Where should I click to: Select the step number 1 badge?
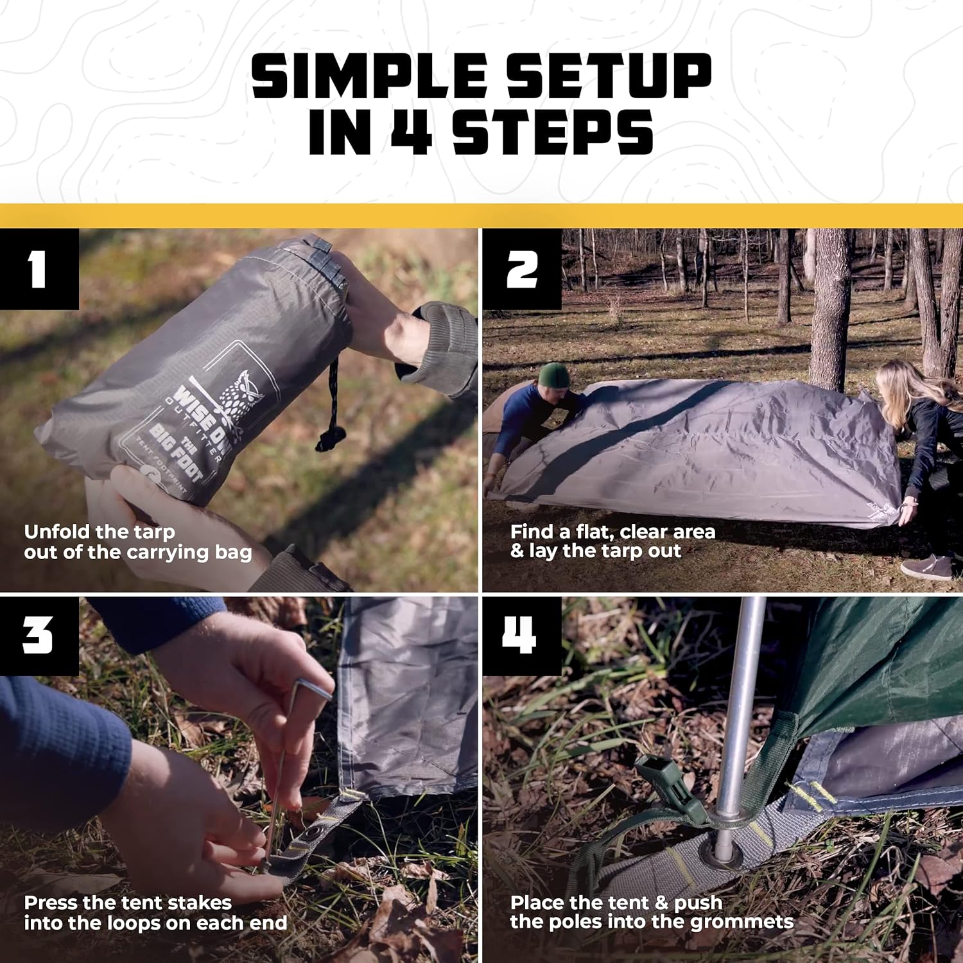[39, 269]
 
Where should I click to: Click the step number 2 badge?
[522, 269]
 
